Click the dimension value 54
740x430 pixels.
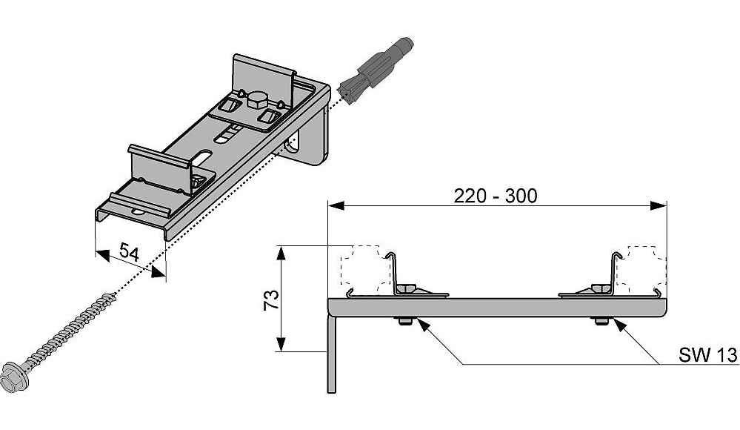pyautogui.click(x=130, y=253)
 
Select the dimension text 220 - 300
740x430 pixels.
pyautogui.click(x=497, y=196)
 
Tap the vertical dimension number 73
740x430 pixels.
pyautogui.click(x=271, y=300)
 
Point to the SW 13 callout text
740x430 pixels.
pyautogui.click(x=707, y=356)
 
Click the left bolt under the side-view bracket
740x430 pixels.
pyautogui.click(x=404, y=321)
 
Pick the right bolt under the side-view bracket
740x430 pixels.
pyautogui.click(x=600, y=321)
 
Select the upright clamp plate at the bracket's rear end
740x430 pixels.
pyautogui.click(x=263, y=74)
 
